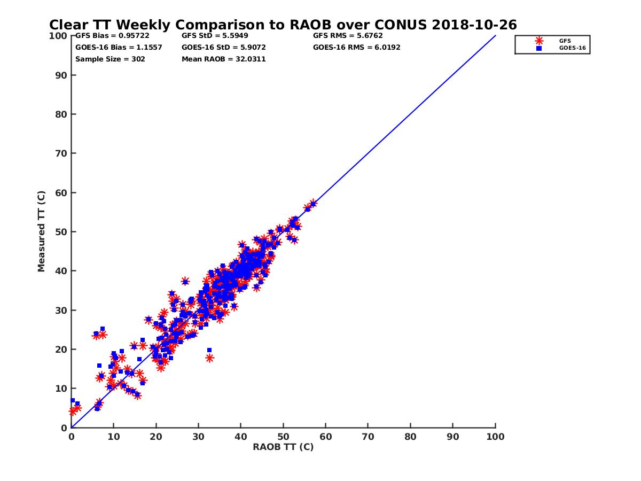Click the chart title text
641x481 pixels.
point(283,25)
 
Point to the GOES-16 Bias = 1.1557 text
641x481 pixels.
point(119,48)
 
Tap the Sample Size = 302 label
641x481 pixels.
point(110,59)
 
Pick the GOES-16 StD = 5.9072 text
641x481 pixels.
point(224,48)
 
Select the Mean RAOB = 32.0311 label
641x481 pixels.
point(224,59)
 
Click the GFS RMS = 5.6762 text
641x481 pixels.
point(348,36)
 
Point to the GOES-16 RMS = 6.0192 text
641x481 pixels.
point(357,48)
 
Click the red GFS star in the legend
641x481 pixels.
point(539,41)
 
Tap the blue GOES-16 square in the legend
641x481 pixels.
point(539,48)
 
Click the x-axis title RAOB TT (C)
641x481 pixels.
point(283,447)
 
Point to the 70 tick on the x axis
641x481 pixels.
point(368,436)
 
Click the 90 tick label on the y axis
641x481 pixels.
point(61,75)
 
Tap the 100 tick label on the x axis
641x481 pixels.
point(496,436)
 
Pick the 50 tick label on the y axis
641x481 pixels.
point(61,232)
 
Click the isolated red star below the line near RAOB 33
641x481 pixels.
point(209,358)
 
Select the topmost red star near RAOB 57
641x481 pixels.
point(313,204)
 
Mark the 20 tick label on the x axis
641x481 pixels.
point(156,436)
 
